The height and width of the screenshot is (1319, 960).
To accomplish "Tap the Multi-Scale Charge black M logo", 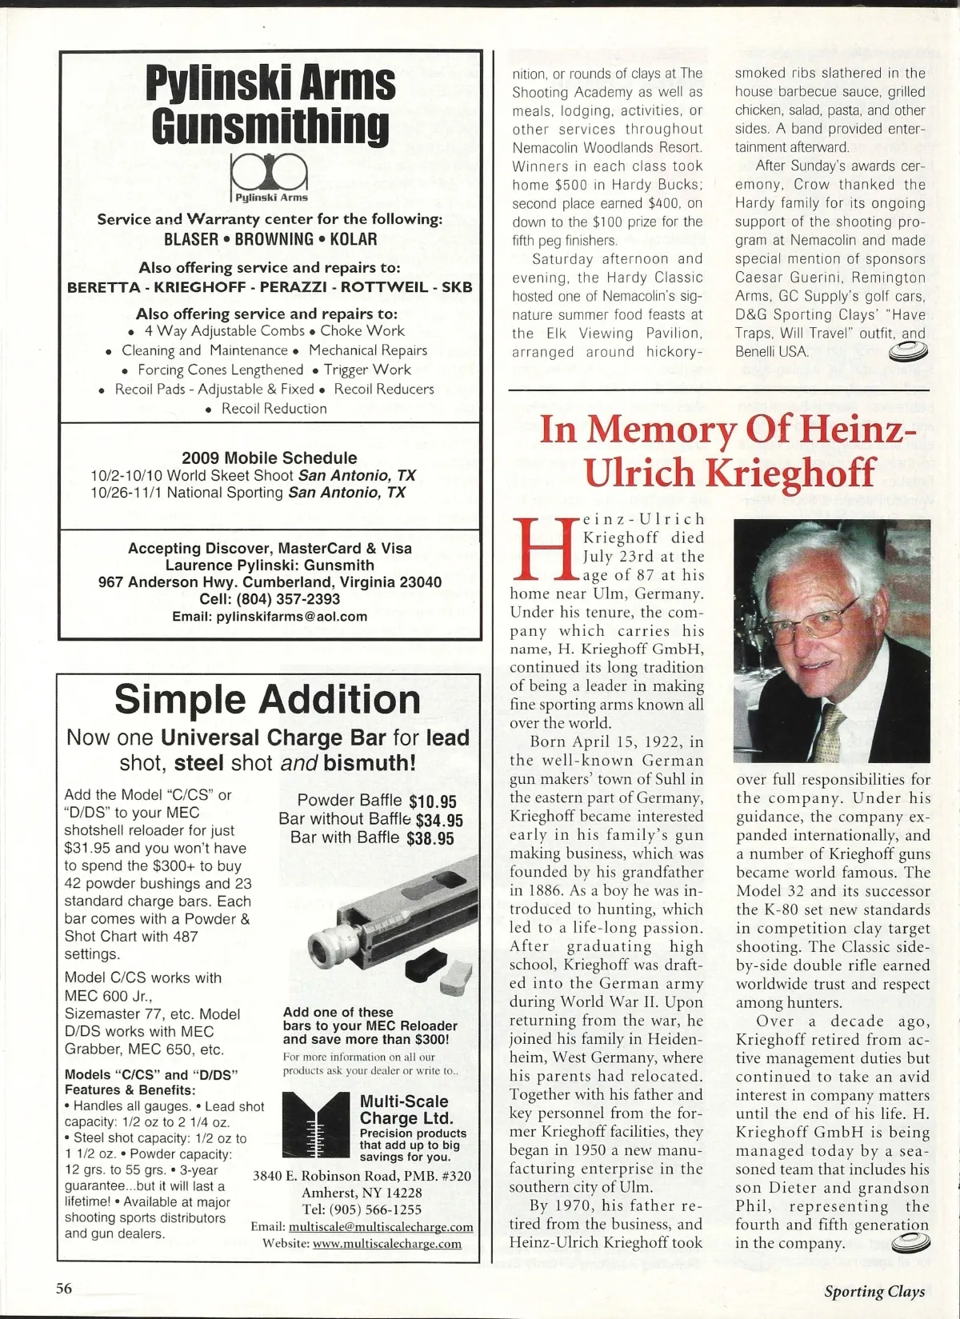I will click(x=316, y=1124).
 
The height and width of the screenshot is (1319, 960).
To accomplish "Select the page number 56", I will click(x=64, y=1288).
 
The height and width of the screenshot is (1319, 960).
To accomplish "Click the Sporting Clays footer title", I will click(x=874, y=1291).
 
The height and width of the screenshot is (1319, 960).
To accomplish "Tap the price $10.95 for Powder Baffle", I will click(x=432, y=801).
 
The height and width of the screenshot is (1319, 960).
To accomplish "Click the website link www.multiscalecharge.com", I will click(x=387, y=1244).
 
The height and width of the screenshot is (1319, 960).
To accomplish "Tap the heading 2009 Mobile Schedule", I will click(x=270, y=458).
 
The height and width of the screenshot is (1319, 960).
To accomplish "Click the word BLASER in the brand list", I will click(x=191, y=239).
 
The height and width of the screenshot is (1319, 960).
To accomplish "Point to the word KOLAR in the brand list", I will click(x=353, y=239).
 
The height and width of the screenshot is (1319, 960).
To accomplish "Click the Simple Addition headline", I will click(x=267, y=700).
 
